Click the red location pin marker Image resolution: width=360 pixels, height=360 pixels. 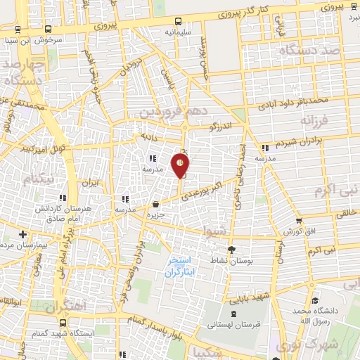coord(181,164)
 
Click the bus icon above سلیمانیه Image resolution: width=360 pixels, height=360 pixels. coord(178,21)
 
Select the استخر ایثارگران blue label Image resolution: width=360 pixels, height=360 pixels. coord(181,266)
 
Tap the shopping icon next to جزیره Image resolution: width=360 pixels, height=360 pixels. coord(155,205)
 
